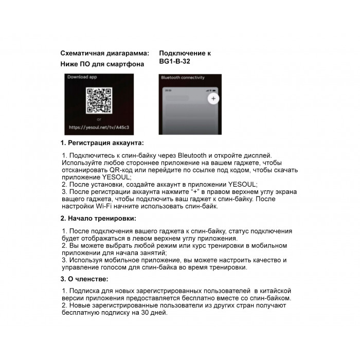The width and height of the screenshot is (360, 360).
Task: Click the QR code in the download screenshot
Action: (99, 101)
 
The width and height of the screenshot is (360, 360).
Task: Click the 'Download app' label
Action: (82, 77)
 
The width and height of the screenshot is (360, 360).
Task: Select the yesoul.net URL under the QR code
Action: (100, 127)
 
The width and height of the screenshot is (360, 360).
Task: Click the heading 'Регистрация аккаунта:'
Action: (105, 142)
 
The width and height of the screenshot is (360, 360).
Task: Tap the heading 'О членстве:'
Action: (88, 279)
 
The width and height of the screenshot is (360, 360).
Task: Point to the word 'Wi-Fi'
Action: (104, 206)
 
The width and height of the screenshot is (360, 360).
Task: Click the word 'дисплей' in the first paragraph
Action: (256, 155)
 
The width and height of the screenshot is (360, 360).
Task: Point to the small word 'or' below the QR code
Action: (99, 119)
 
